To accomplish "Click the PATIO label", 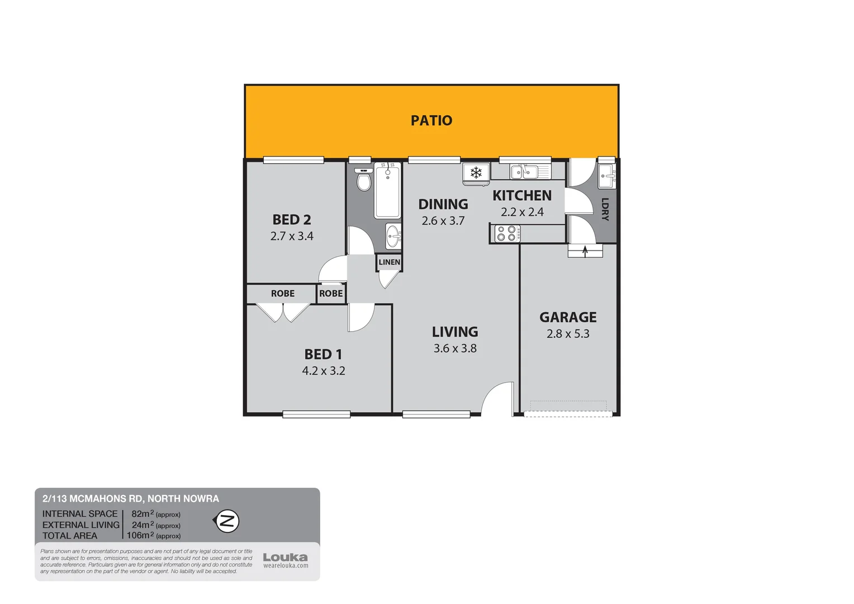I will click(x=431, y=120).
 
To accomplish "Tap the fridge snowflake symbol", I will click(x=476, y=173).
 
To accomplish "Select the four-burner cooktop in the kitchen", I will click(x=506, y=233).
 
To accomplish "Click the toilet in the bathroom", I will click(x=364, y=181).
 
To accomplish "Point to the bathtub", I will click(x=387, y=191).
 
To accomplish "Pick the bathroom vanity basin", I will click(x=393, y=236).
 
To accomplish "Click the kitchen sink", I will click(x=524, y=172).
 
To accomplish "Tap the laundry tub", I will click(x=607, y=176).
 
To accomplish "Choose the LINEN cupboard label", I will click(x=389, y=262).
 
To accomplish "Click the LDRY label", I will click(x=605, y=209).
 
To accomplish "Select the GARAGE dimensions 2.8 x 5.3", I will click(x=568, y=334).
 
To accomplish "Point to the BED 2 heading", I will click(x=292, y=220).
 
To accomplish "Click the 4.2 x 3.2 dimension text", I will click(x=324, y=371).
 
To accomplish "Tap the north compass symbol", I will click(x=227, y=521).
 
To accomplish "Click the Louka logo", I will click(x=285, y=558).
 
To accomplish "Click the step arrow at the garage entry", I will click(x=585, y=251).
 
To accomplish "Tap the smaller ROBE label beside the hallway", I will click(x=331, y=294).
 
